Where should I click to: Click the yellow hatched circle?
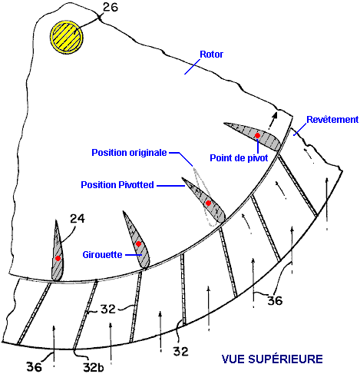pyautogui.click(x=67, y=37)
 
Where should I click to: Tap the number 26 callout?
pyautogui.click(x=111, y=7)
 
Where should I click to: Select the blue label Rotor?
pyautogui.click(x=211, y=55)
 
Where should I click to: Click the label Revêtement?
pyautogui.click(x=332, y=119)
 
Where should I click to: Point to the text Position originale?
pyautogui.click(x=129, y=153)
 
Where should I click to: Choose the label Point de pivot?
pyautogui.click(x=239, y=157)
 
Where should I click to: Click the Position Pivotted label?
pyautogui.click(x=117, y=184)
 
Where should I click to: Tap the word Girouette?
pyautogui.click(x=102, y=254)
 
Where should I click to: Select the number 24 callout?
pyautogui.click(x=78, y=219)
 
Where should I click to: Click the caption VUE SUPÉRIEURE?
pyautogui.click(x=272, y=359)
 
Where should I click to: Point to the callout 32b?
pyautogui.click(x=94, y=367)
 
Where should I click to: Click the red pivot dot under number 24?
pyautogui.click(x=58, y=258)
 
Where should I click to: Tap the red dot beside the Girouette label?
pyautogui.click(x=138, y=244)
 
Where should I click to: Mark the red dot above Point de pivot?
pyautogui.click(x=257, y=135)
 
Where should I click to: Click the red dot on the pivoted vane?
pyautogui.click(x=208, y=204)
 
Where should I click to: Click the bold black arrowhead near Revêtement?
pyautogui.click(x=275, y=116)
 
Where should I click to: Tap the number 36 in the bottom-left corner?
pyautogui.click(x=35, y=367)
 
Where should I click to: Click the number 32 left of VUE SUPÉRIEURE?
pyautogui.click(x=181, y=351)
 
